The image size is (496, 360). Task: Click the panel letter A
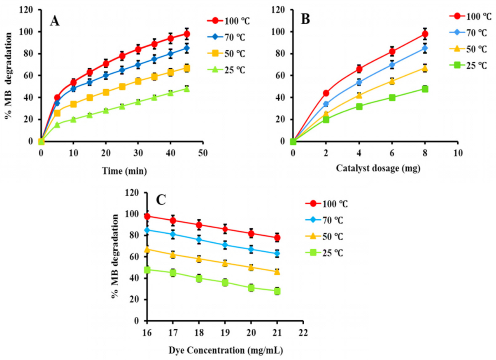point(54,21)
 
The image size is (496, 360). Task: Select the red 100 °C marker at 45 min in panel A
point(187,34)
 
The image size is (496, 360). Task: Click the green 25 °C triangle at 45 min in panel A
point(187,89)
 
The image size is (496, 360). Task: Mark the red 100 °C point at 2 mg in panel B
point(326,93)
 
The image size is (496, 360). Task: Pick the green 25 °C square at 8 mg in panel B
point(425,89)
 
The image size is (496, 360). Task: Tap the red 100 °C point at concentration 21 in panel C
point(277,238)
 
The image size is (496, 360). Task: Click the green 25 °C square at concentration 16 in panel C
point(147,270)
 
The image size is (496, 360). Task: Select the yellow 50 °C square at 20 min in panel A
point(106,92)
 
